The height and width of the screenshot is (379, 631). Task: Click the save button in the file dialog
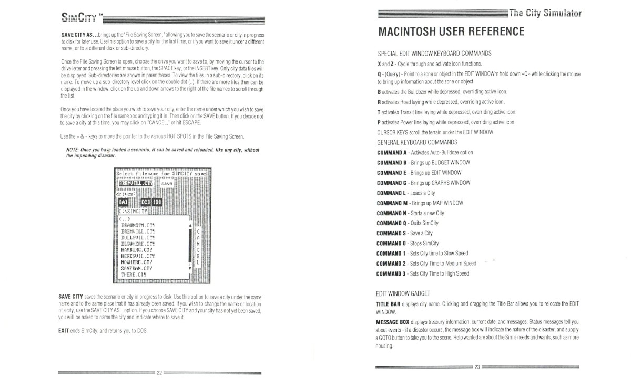click(167, 184)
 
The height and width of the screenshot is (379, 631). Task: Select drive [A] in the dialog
click(123, 203)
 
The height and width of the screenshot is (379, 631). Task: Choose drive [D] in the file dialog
click(157, 203)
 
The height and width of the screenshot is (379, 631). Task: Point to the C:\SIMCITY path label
click(133, 212)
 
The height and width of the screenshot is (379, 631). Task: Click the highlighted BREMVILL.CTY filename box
click(135, 183)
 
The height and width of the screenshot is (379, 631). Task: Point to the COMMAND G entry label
click(393, 183)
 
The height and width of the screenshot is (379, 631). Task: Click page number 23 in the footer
click(477, 367)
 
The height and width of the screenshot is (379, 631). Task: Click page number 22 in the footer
click(159, 372)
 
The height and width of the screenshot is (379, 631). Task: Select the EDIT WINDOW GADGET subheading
click(404, 293)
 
